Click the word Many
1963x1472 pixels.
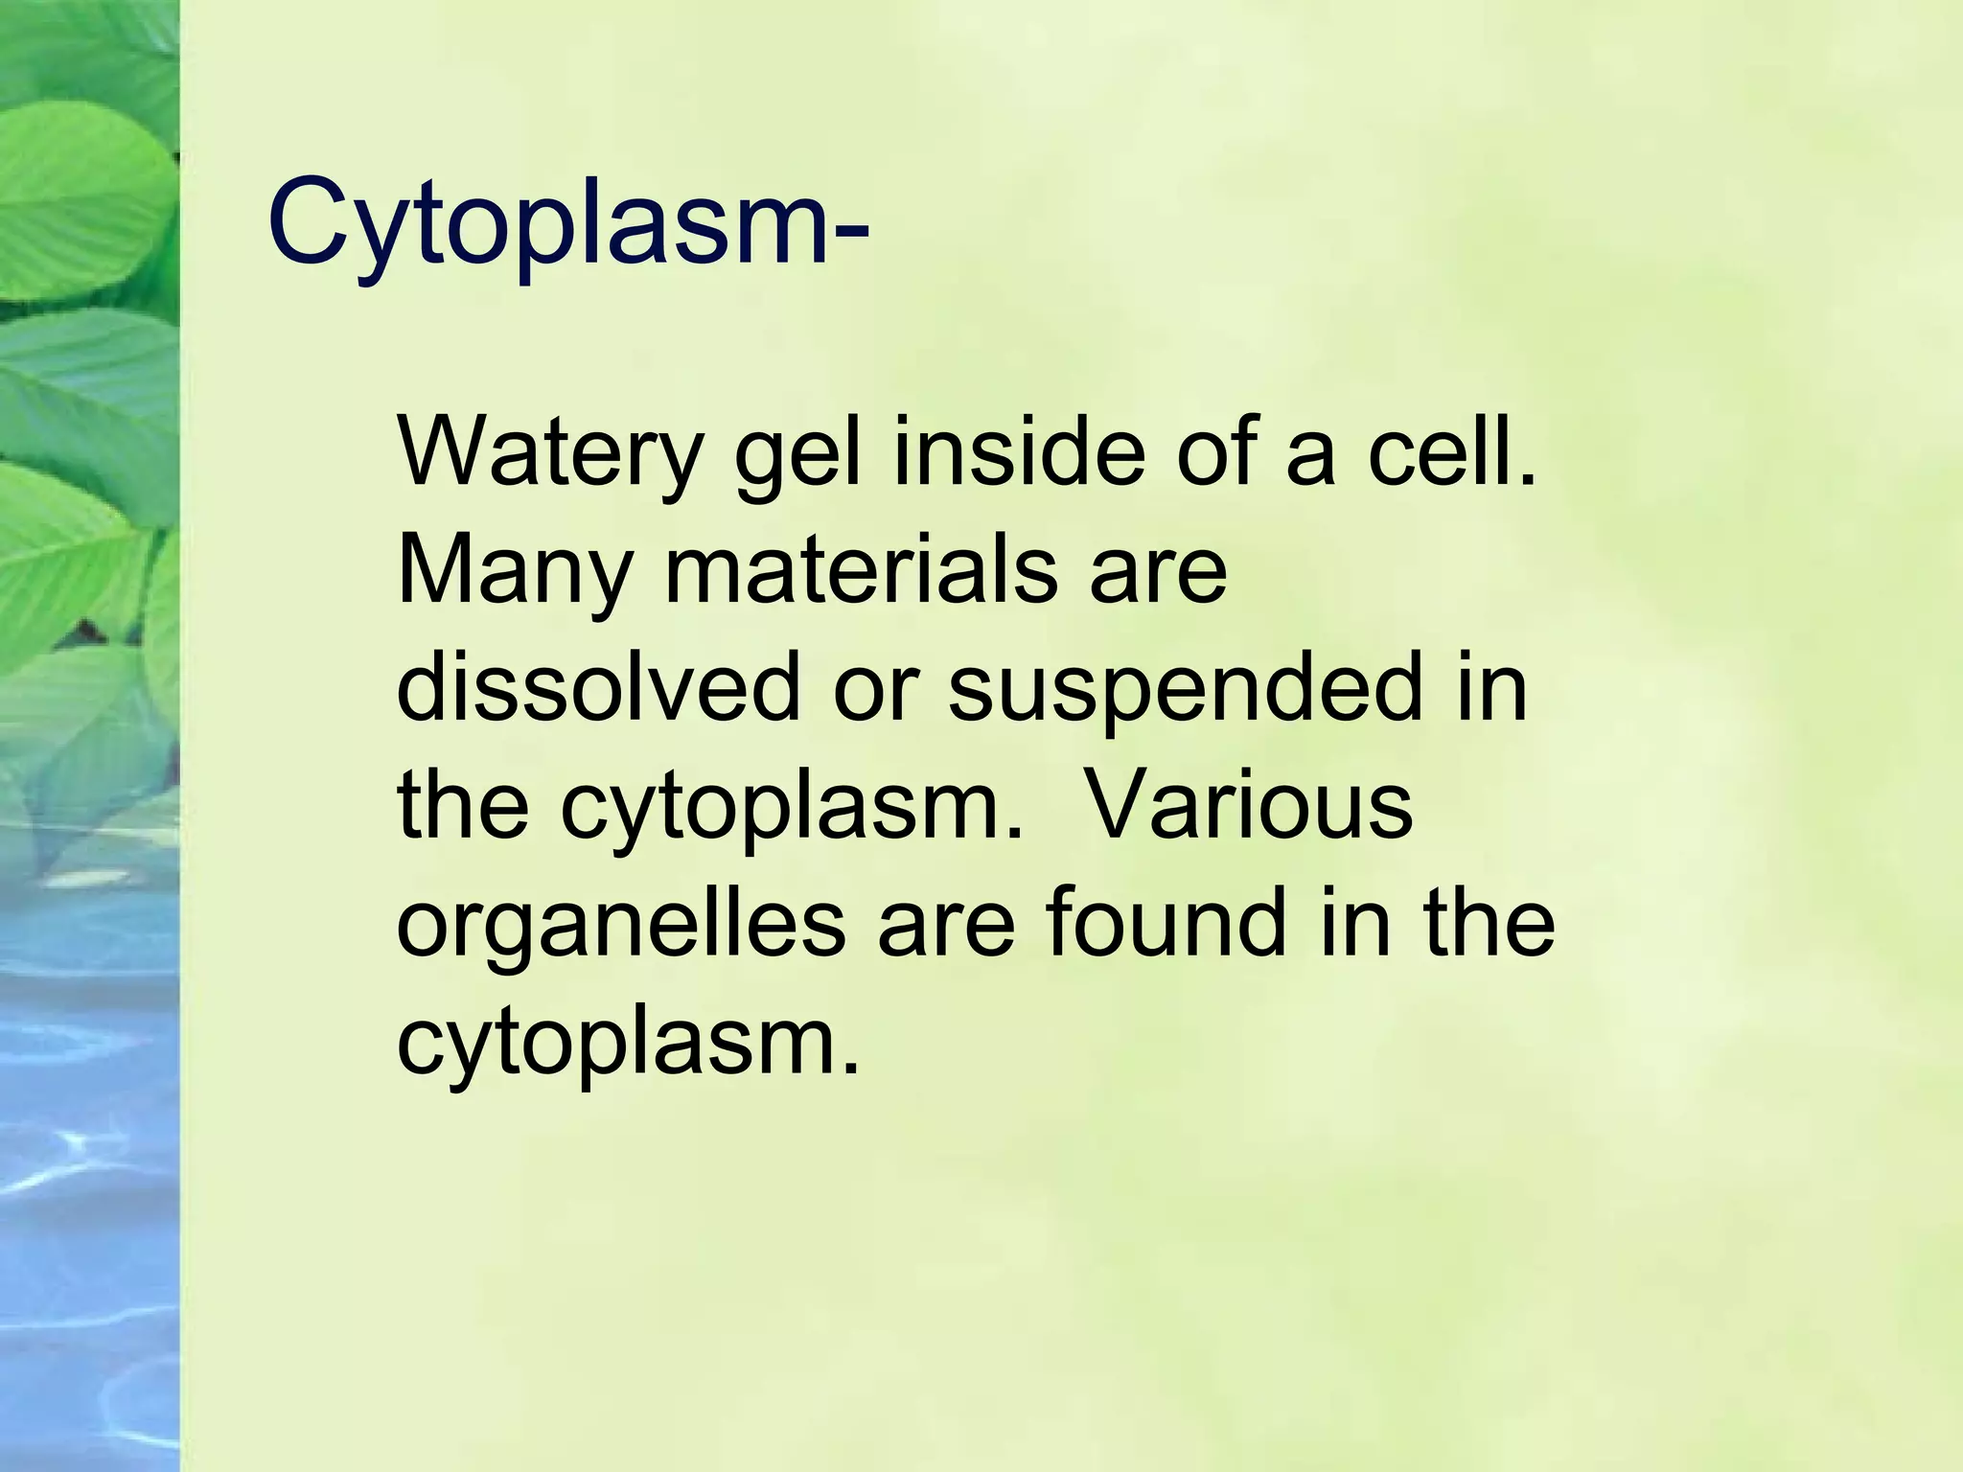pyautogui.click(x=514, y=572)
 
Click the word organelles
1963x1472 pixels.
pyautogui.click(x=621, y=925)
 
